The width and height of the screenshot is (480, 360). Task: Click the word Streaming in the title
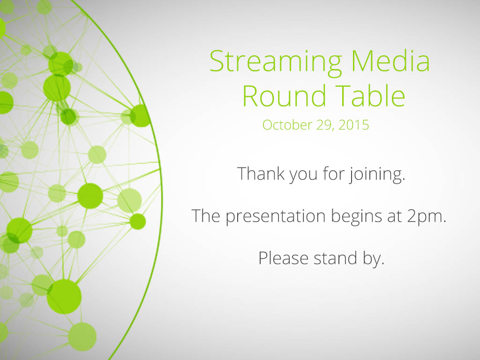(x=276, y=62)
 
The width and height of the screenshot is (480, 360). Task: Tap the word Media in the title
(x=390, y=60)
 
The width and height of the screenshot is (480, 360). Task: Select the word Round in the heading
(x=284, y=96)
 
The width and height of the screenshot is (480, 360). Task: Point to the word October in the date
(x=287, y=125)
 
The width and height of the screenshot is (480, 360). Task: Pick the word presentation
(x=276, y=217)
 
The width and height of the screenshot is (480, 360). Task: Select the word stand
(x=335, y=258)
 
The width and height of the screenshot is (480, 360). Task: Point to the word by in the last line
(x=374, y=259)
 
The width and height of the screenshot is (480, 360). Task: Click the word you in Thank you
(x=303, y=175)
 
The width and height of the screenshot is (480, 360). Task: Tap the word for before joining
(x=334, y=173)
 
